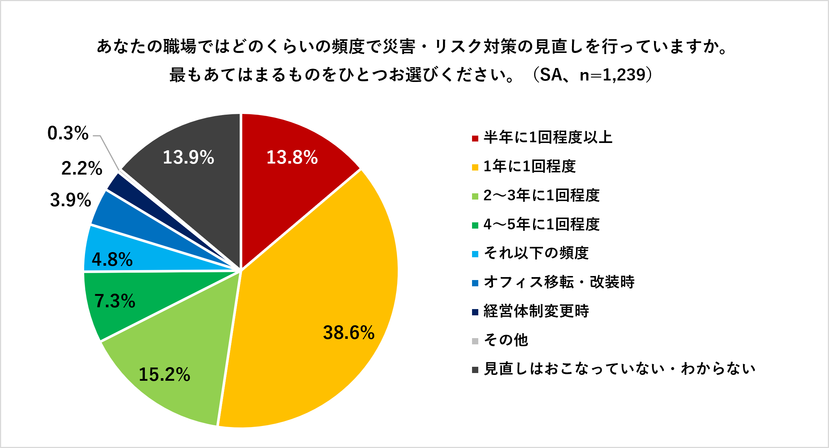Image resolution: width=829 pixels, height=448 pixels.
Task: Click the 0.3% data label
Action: [68, 133]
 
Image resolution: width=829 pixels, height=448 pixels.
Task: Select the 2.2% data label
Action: [82, 168]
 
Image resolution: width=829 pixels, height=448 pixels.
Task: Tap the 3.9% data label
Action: [70, 200]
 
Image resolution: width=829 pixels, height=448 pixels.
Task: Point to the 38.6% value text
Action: [349, 333]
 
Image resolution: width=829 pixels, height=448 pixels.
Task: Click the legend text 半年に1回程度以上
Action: [548, 137]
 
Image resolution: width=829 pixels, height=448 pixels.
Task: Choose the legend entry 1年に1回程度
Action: [529, 166]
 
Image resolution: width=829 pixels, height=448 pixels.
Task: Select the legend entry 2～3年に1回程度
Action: [542, 196]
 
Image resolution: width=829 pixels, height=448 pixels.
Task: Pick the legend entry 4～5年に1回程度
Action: [542, 224]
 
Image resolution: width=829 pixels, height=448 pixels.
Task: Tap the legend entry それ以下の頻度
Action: [536, 253]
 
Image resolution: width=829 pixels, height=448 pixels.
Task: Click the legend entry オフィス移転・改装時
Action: [559, 282]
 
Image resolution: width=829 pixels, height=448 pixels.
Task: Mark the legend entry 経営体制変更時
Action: [536, 311]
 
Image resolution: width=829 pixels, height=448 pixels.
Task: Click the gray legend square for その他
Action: [475, 341]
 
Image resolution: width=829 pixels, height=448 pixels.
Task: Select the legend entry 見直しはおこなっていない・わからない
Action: [619, 369]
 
